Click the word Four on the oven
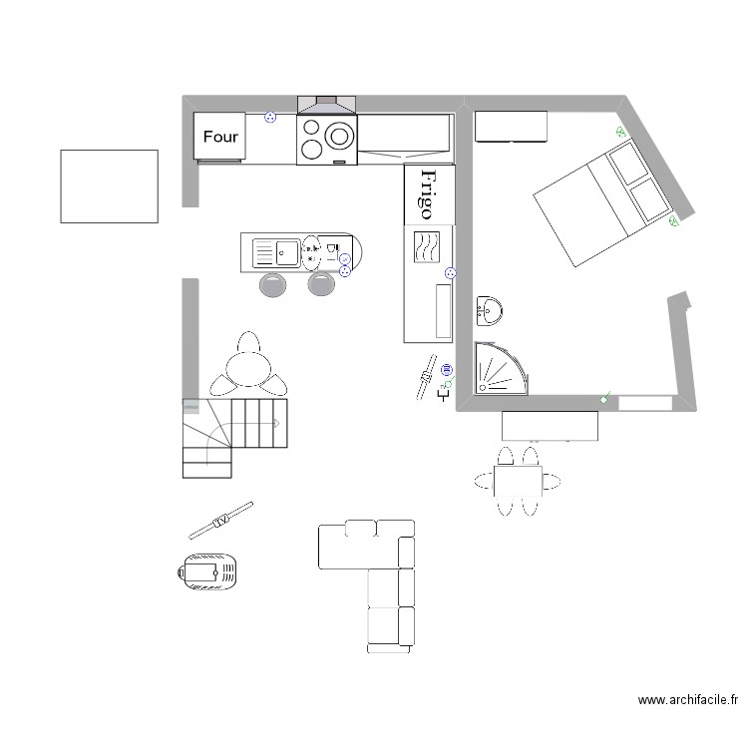pyautogui.click(x=220, y=137)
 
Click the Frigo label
pyautogui.click(x=427, y=193)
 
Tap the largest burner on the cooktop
pyautogui.click(x=340, y=135)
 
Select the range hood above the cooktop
pyautogui.click(x=326, y=104)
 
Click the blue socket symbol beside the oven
pyautogui.click(x=268, y=118)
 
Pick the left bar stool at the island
pyautogui.click(x=273, y=284)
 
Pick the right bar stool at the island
pyautogui.click(x=320, y=284)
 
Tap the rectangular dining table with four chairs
pyautogui.click(x=518, y=482)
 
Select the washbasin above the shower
pyautogui.click(x=490, y=311)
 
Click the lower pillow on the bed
pyautogui.click(x=649, y=198)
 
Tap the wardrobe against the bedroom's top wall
pyautogui.click(x=511, y=127)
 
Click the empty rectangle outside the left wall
pyautogui.click(x=110, y=187)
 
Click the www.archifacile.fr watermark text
pyautogui.click(x=687, y=701)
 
